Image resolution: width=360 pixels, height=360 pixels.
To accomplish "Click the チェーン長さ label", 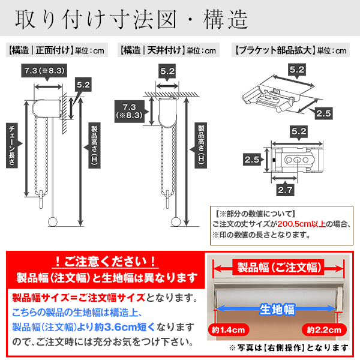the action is tap(12, 146).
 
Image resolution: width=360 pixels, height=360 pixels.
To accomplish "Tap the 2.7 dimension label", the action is tap(285, 190).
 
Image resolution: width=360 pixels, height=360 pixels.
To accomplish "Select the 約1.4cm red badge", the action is tap(228, 330).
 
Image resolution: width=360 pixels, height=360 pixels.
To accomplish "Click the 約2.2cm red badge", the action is tap(324, 330).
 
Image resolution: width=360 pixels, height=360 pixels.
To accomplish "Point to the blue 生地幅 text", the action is tap(277, 310).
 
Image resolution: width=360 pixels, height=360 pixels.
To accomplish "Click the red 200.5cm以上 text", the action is tap(301, 224).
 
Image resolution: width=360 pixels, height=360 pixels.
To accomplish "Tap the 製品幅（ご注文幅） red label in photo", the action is tap(279, 268).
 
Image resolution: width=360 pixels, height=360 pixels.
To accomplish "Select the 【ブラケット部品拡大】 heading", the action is tap(275, 50).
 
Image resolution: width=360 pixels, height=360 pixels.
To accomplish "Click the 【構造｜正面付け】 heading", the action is tap(41, 50).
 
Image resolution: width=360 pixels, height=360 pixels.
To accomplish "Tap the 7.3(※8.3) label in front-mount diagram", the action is tap(44, 70).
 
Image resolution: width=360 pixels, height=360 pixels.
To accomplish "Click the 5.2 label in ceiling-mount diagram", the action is tap(167, 71).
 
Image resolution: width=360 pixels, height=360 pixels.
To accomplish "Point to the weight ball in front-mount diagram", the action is tap(53, 221).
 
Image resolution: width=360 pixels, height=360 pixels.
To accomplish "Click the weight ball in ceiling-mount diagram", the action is tap(176, 222).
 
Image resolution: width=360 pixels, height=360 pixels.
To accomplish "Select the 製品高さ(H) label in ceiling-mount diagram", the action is tap(201, 146).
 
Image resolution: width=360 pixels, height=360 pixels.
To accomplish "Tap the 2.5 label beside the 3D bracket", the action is tap(323, 113).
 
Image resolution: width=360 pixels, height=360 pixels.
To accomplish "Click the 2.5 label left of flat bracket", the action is tap(252, 160).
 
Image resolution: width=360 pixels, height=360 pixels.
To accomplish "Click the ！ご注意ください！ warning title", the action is tap(105, 261).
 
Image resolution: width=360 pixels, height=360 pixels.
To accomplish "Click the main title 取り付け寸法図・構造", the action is tap(132, 20).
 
